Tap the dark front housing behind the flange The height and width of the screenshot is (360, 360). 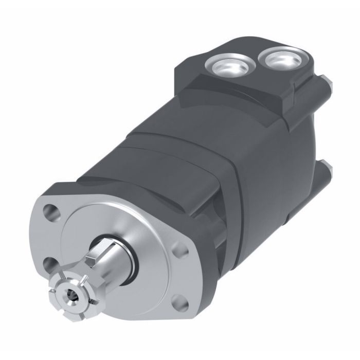click(134, 170)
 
